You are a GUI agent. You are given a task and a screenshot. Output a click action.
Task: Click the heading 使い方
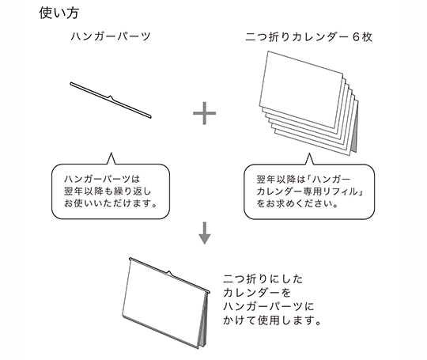click(59, 13)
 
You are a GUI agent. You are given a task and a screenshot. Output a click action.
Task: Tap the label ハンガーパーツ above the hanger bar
click(111, 36)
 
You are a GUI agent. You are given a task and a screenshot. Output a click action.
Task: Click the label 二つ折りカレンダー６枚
click(308, 36)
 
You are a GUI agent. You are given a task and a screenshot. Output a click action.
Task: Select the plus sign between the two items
click(204, 113)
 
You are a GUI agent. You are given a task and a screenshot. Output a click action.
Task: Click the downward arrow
click(205, 233)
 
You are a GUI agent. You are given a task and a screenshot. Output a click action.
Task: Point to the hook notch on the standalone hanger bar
click(111, 97)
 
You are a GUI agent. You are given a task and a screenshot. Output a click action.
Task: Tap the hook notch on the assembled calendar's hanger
click(169, 273)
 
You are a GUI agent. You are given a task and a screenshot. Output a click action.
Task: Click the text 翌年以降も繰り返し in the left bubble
click(108, 191)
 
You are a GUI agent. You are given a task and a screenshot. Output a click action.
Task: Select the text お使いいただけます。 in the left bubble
click(111, 203)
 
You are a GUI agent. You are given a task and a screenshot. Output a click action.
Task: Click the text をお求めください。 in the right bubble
click(297, 203)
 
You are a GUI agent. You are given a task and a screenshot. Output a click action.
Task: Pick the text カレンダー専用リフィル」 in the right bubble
click(310, 191)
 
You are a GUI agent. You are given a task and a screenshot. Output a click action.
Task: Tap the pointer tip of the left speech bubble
click(111, 153)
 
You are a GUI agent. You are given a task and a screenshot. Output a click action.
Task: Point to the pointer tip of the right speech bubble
click(309, 153)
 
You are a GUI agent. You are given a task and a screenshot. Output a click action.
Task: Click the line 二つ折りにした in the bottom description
click(263, 279)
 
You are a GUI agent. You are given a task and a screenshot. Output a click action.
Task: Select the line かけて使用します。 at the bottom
click(272, 320)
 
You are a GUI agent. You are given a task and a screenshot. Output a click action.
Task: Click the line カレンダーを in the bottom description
click(257, 293)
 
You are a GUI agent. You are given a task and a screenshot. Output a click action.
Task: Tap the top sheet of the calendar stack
click(301, 89)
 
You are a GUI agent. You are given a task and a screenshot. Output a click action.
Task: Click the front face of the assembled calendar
click(163, 302)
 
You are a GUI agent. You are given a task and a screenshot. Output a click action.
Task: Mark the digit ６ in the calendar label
click(356, 37)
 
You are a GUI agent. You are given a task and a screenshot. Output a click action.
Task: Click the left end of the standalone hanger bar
click(71, 83)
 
